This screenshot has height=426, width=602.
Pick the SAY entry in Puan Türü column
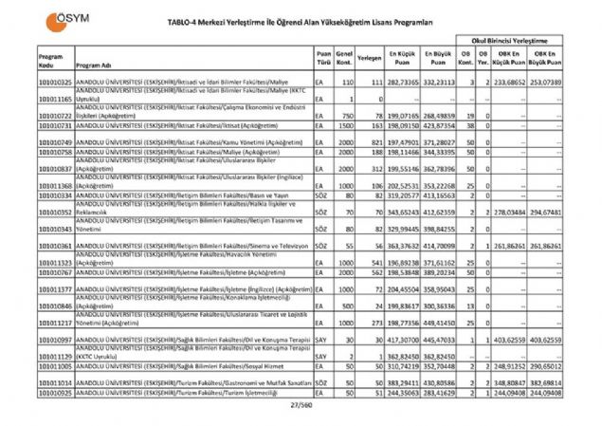pyautogui.click(x=322, y=339)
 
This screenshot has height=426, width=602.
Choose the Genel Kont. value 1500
pyautogui.click(x=347, y=124)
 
